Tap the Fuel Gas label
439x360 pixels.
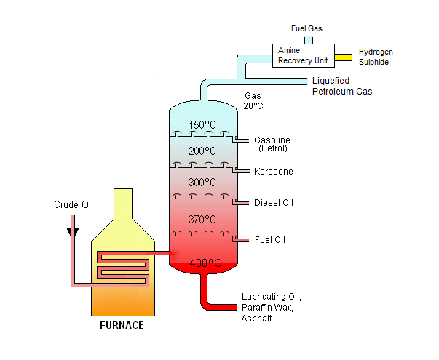pos(306,29)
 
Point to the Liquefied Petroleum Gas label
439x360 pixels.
pos(342,86)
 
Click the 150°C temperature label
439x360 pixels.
pos(203,124)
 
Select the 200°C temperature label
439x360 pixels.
pos(202,151)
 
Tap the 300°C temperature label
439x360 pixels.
pos(202,182)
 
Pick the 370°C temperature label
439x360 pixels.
pos(202,219)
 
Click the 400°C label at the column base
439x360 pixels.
pos(203,263)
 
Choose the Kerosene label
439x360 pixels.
pos(274,172)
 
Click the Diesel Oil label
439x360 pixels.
pos(274,202)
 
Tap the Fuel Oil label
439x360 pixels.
pos(271,239)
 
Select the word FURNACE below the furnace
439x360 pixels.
pos(122,325)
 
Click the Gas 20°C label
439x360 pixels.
pos(253,101)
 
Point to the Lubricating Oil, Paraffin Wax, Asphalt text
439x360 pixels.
pos(270,307)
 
